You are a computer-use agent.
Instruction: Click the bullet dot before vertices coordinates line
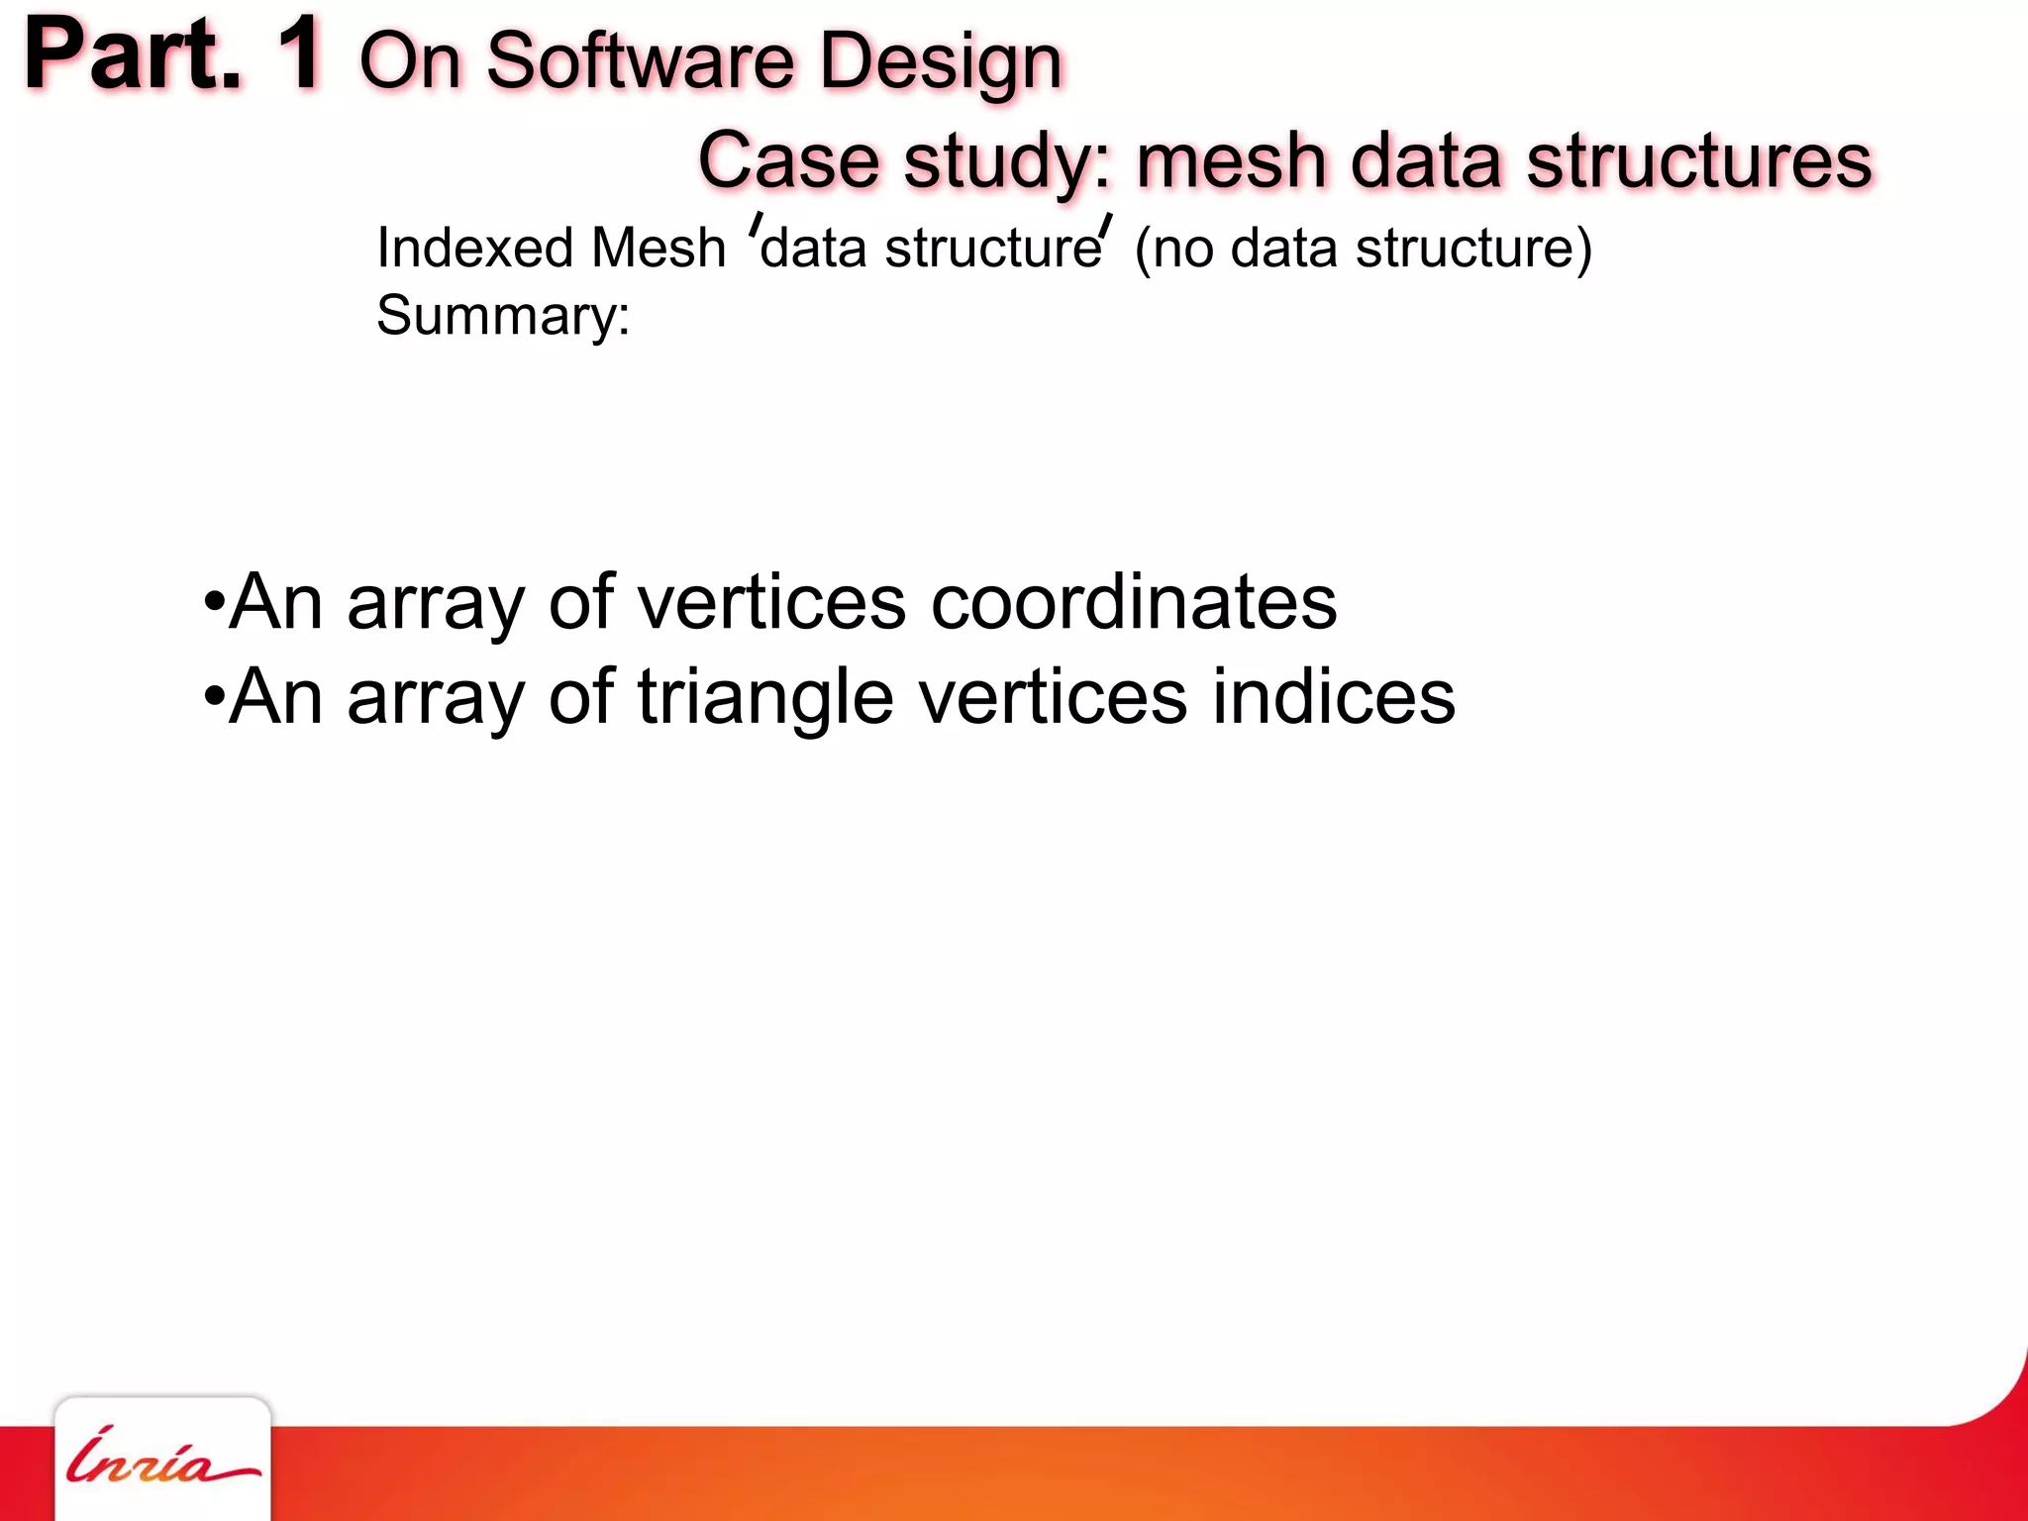212,601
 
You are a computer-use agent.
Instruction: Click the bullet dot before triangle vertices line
212,696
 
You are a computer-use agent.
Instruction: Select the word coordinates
1134,602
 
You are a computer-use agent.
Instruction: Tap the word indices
1334,697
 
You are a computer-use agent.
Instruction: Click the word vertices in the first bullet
770,602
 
